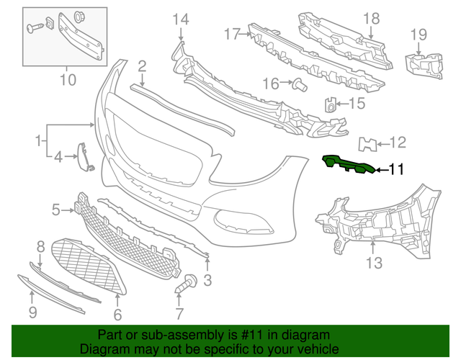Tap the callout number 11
[397, 170]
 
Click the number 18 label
[370, 19]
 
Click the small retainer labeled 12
[369, 144]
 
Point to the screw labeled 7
[187, 284]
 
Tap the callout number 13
[374, 264]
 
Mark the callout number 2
[142, 67]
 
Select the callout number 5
[56, 210]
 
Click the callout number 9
[32, 312]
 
